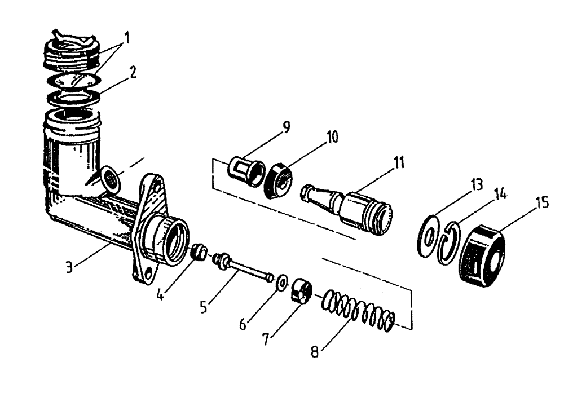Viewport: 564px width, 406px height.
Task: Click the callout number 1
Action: tap(127, 38)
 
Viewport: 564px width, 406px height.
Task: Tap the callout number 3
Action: tap(69, 267)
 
